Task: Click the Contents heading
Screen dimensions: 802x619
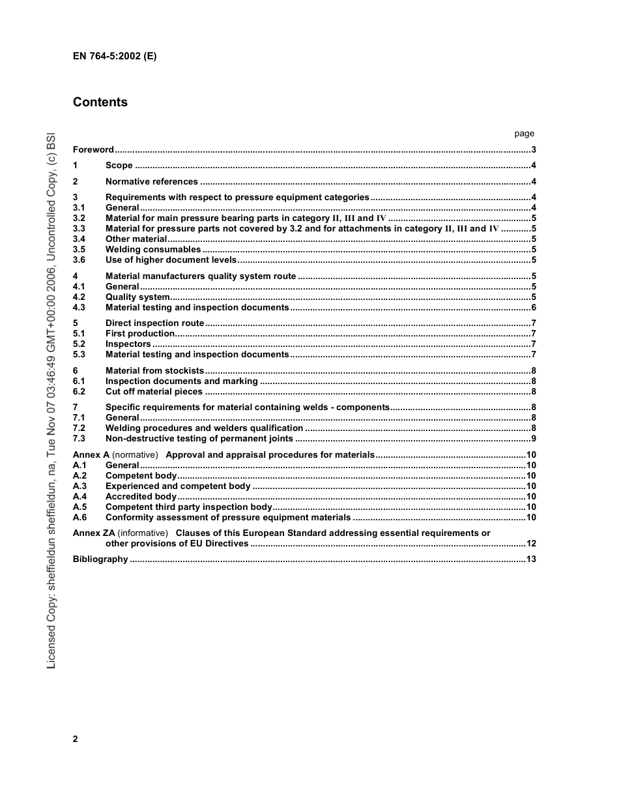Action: [100, 102]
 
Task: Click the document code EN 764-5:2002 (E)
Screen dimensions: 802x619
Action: [115, 56]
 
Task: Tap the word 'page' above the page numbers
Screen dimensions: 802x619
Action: [524, 134]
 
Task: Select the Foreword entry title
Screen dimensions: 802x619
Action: [93, 150]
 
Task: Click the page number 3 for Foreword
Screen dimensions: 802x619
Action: [533, 150]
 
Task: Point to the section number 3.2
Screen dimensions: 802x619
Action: [79, 218]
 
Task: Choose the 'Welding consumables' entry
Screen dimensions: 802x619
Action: [153, 250]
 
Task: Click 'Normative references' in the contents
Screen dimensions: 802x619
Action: [152, 182]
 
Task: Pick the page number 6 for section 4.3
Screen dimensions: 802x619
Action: [533, 308]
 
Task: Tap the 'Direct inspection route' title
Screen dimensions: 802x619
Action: [154, 323]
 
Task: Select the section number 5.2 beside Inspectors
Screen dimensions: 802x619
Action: [79, 344]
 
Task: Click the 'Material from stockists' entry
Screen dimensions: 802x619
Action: [154, 371]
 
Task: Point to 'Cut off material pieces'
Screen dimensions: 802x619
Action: [154, 392]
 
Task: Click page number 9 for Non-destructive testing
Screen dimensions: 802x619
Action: [533, 439]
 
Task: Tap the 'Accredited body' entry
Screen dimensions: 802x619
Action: [141, 497]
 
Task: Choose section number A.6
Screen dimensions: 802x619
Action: [79, 518]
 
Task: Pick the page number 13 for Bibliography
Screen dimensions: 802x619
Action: [530, 559]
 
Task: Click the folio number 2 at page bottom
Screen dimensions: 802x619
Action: [76, 739]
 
